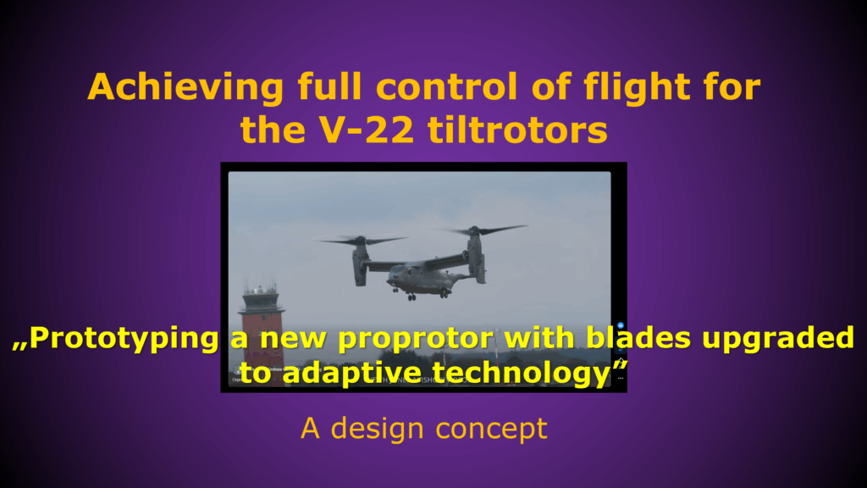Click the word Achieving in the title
pyautogui.click(x=185, y=87)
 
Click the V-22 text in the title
pyautogui.click(x=367, y=130)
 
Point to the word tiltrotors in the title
pyautogui.click(x=517, y=130)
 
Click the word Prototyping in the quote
pyautogui.click(x=124, y=339)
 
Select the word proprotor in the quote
pyautogui.click(x=416, y=340)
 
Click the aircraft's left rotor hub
pyautogui.click(x=360, y=241)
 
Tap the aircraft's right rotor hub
pyautogui.click(x=474, y=230)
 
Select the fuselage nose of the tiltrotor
pyautogui.click(x=394, y=275)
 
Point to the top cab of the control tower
pyautogui.click(x=261, y=301)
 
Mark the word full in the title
pyautogui.click(x=329, y=87)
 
